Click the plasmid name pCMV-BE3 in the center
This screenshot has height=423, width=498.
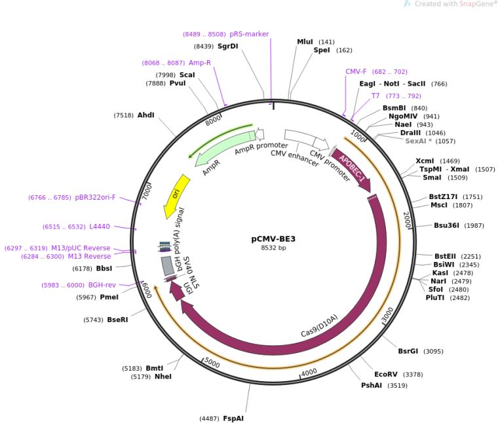pyautogui.click(x=273, y=239)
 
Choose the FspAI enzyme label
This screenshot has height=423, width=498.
pyautogui.click(x=233, y=418)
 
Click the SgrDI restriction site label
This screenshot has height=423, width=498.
pyautogui.click(x=227, y=46)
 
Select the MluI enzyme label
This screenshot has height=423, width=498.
pyautogui.click(x=305, y=41)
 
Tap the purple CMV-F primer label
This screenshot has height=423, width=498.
pyautogui.click(x=356, y=71)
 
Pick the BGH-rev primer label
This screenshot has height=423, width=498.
pyautogui.click(x=102, y=285)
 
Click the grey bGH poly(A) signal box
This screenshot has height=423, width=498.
pyautogui.click(x=168, y=265)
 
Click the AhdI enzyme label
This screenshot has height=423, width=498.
pyautogui.click(x=145, y=115)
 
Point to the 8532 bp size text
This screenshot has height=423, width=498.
pyautogui.click(x=273, y=248)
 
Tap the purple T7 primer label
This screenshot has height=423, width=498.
pyautogui.click(x=375, y=96)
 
